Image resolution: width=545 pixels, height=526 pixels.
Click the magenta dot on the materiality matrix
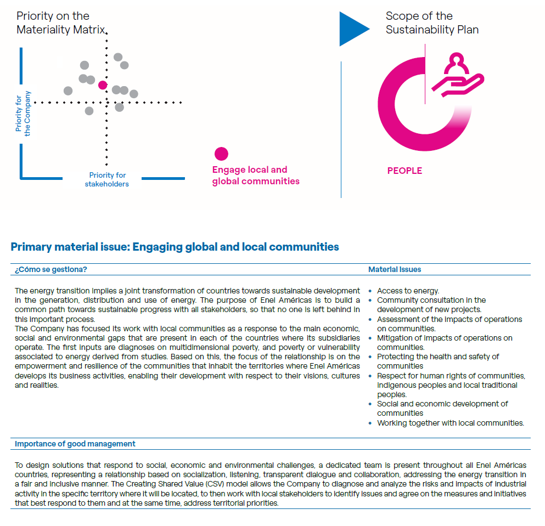tap(103, 85)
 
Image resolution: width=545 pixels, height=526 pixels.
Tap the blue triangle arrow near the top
tap(352, 29)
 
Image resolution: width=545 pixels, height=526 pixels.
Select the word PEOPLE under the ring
tap(404, 171)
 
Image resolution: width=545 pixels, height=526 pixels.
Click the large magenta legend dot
tap(221, 154)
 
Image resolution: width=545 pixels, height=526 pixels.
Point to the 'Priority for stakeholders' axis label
tap(107, 180)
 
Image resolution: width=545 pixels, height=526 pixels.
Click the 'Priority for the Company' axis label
tap(23, 114)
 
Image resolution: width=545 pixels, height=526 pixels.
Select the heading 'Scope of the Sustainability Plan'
tap(432, 23)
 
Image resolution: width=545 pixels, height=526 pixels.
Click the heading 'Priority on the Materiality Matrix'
tap(60, 23)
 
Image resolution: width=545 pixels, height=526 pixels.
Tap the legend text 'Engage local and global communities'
tap(256, 176)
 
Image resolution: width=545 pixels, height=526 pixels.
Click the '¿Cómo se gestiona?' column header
tap(51, 269)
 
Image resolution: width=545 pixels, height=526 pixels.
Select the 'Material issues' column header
tap(395, 269)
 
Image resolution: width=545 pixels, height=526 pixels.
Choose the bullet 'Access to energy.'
tap(408, 291)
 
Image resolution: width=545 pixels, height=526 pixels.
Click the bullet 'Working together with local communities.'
tap(450, 423)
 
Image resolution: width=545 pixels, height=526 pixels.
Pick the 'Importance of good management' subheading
tap(75, 444)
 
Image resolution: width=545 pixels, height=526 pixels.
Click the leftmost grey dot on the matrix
tap(68, 91)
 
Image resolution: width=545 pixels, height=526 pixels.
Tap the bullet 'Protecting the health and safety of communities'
tap(437, 361)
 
